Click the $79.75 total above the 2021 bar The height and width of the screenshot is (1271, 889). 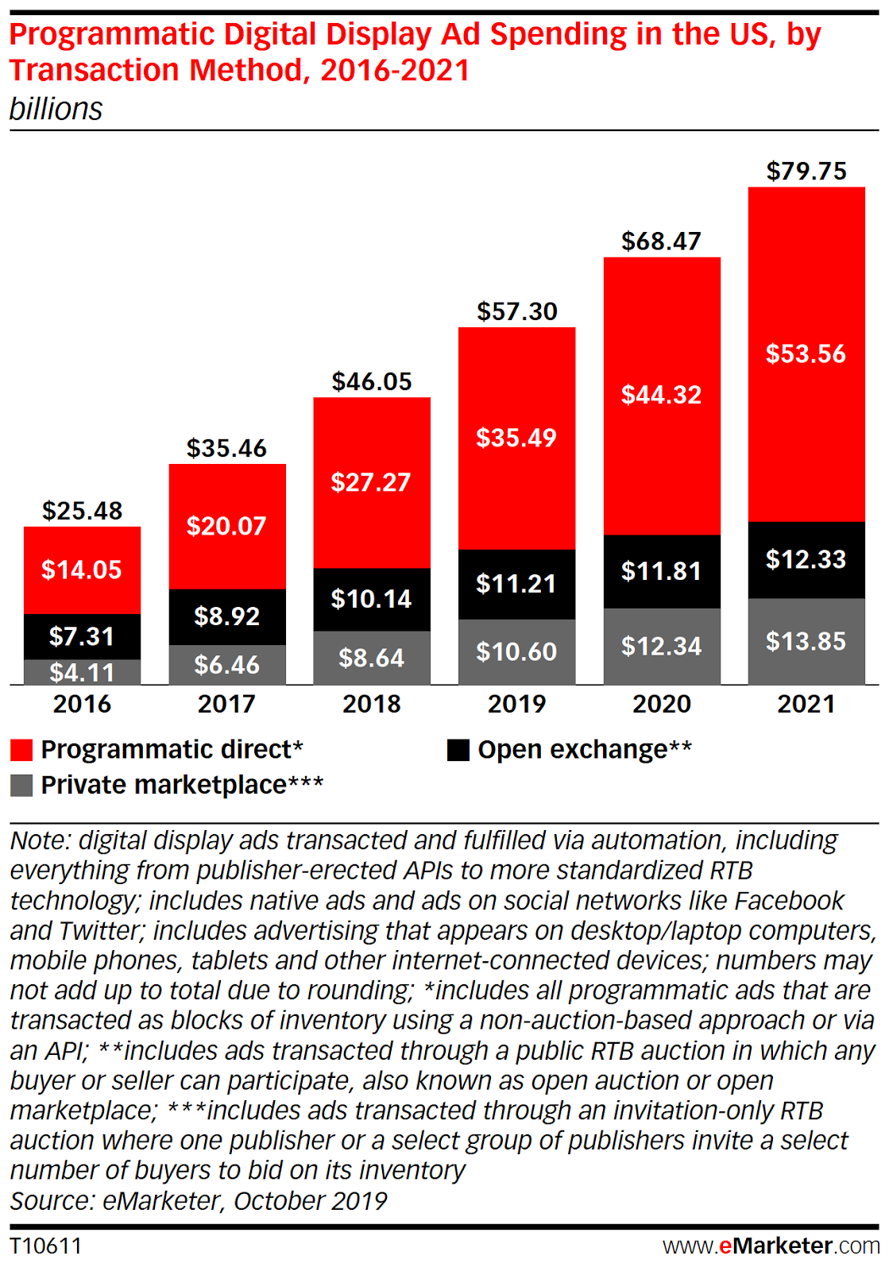806,172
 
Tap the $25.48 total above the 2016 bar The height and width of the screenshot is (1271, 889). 83,511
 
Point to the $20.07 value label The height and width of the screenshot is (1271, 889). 226,526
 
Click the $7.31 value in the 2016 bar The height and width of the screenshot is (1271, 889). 82,636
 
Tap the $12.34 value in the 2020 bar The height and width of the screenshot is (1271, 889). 662,647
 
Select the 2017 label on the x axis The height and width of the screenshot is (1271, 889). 226,704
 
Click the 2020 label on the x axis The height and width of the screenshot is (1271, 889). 662,704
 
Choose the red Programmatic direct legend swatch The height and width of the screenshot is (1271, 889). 21,750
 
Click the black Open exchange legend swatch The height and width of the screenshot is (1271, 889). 458,750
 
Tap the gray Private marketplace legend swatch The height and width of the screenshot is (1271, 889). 21,786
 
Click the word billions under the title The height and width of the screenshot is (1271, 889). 56,110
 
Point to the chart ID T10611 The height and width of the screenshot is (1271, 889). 46,1246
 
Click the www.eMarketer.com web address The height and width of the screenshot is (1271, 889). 771,1246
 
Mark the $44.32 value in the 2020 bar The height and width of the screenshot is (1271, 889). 662,395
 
